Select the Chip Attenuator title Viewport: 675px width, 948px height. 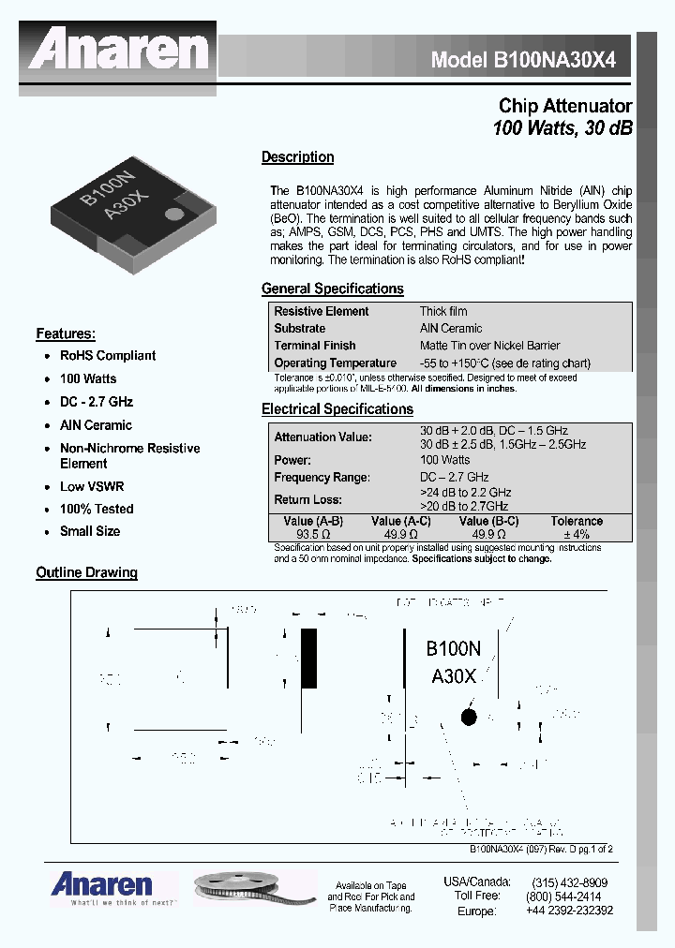point(564,107)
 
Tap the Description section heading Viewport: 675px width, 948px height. point(297,157)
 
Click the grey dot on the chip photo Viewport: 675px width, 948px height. point(174,215)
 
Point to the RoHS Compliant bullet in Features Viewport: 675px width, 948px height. point(107,356)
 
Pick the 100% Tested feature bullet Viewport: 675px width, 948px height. point(97,509)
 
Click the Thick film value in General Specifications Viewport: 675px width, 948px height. point(443,311)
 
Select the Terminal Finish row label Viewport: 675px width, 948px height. point(315,346)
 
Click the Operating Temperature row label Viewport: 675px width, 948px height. point(335,363)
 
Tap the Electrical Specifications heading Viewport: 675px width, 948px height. point(337,409)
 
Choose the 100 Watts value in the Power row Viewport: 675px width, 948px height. point(445,460)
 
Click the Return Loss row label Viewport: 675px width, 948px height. point(307,500)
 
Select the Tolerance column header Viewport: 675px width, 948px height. point(577,522)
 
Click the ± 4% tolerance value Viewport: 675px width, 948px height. point(577,535)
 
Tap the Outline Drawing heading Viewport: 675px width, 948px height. point(86,572)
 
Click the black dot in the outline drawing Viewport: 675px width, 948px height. point(468,717)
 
